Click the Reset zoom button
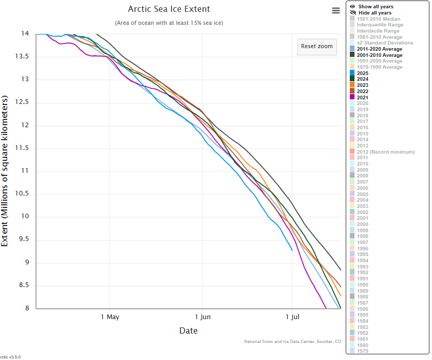(x=317, y=46)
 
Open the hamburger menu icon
(x=336, y=11)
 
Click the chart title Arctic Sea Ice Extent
(x=169, y=9)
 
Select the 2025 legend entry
(x=363, y=73)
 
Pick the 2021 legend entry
(x=363, y=97)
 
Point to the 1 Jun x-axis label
(x=203, y=317)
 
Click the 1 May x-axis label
(x=110, y=317)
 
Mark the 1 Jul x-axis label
(x=292, y=317)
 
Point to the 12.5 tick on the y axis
(x=24, y=102)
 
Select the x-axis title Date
(x=188, y=331)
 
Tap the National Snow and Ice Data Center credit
(x=292, y=341)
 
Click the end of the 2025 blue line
(x=292, y=250)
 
